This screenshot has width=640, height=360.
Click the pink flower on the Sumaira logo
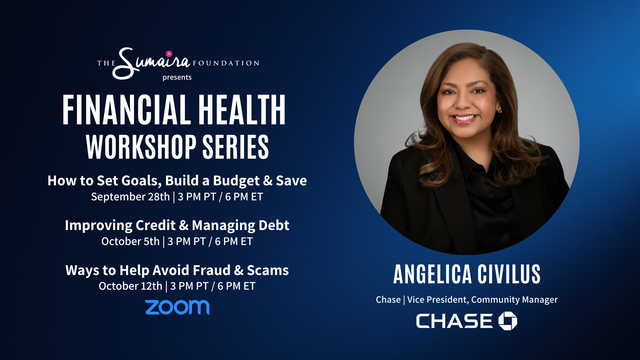169,54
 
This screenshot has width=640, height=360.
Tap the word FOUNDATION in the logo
226,63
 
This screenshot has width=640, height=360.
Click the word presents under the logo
177,77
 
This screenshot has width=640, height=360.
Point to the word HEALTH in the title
242,110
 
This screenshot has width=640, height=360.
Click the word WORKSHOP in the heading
141,147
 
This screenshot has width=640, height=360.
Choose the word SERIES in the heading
236,147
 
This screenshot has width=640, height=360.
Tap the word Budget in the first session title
236,181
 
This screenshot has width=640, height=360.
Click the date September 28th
130,197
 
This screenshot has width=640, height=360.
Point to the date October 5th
130,241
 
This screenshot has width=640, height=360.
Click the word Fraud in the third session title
212,270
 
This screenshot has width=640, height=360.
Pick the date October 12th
130,286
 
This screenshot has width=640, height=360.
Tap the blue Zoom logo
177,307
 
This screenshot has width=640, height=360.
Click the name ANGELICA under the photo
432,274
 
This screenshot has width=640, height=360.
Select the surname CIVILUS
509,274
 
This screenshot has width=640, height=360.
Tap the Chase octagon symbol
508,321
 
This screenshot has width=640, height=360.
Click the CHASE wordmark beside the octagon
454,321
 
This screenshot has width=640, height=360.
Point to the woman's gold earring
499,110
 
